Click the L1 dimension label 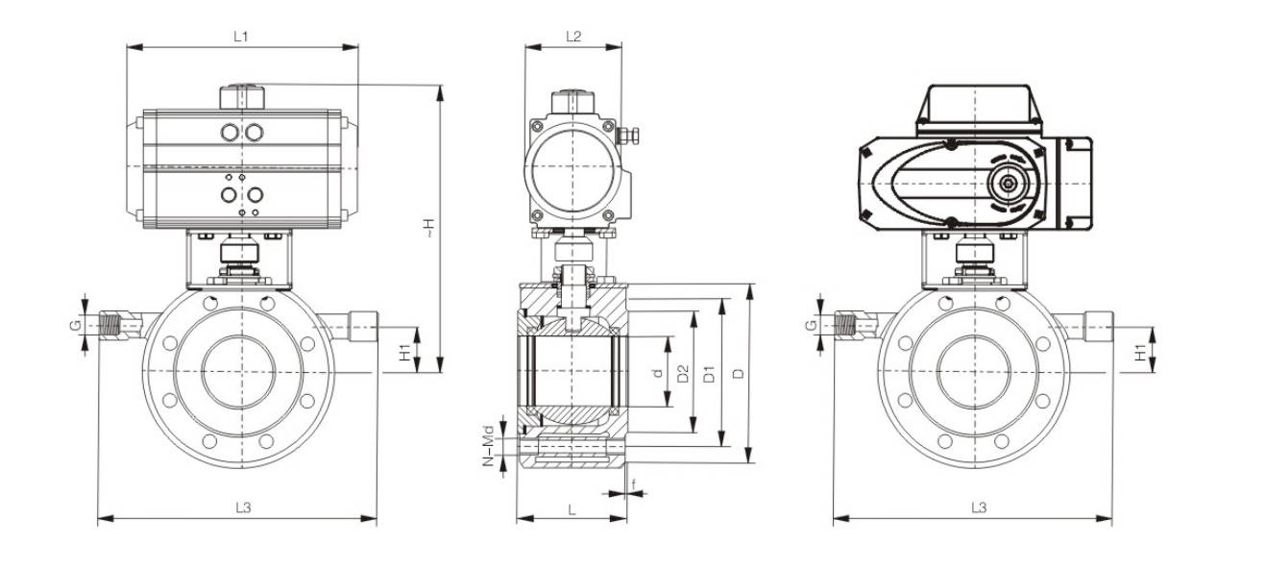(x=241, y=37)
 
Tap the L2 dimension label (x=573, y=37)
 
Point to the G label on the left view (x=75, y=326)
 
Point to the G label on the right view (x=811, y=326)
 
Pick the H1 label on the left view (x=406, y=351)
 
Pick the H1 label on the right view (x=1140, y=352)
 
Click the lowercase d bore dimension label (x=658, y=372)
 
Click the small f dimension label (x=634, y=483)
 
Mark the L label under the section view (x=572, y=507)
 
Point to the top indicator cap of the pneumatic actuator (x=241, y=97)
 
